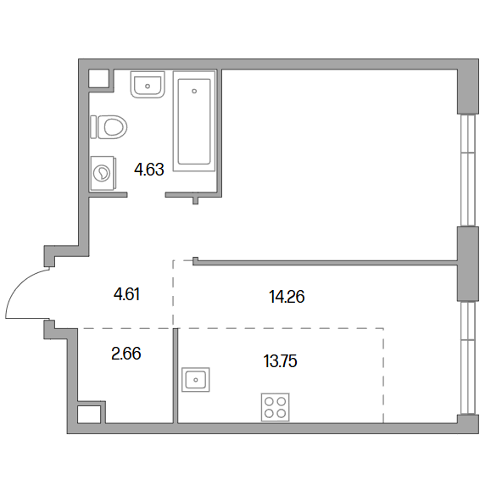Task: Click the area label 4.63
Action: pos(149,170)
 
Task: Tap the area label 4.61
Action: pos(127,294)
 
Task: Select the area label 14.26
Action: pos(287,297)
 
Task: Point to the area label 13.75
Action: pos(280,361)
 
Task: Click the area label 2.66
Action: pos(126,354)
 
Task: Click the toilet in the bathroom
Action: pos(109,127)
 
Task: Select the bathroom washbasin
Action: pos(148,85)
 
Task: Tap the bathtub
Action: pos(194,121)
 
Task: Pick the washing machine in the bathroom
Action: pos(103,173)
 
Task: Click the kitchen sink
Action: pos(196,380)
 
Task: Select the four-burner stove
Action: pos(276,407)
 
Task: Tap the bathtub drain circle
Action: pos(194,91)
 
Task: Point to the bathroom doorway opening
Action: pos(146,195)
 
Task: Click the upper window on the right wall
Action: pos(468,170)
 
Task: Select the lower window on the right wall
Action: pos(468,358)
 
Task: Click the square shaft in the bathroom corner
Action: pos(98,78)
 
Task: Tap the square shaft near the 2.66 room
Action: pos(89,415)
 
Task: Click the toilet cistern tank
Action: pos(93,127)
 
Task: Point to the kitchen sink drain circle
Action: pos(196,380)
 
